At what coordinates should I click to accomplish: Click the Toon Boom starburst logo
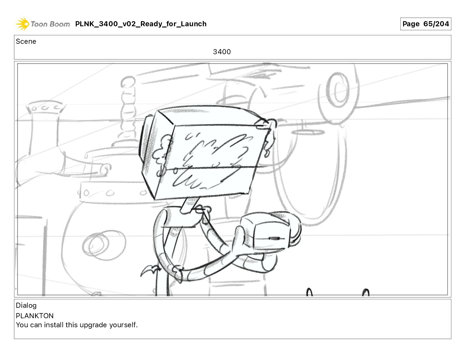point(22,24)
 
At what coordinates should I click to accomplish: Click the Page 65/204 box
point(426,24)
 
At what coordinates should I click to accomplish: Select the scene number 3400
point(222,52)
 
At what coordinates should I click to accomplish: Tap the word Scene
point(26,42)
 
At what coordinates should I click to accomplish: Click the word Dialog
point(26,305)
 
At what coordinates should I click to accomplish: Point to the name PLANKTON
point(35,316)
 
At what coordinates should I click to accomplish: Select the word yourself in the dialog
point(123,325)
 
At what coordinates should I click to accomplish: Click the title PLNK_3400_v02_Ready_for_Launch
point(141,24)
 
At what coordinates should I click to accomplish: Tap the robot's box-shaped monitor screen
point(211,160)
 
